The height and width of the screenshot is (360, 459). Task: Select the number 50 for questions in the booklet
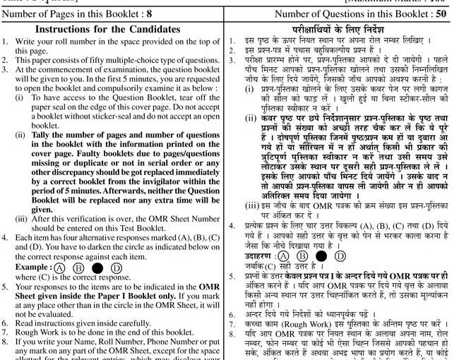coord(444,13)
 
